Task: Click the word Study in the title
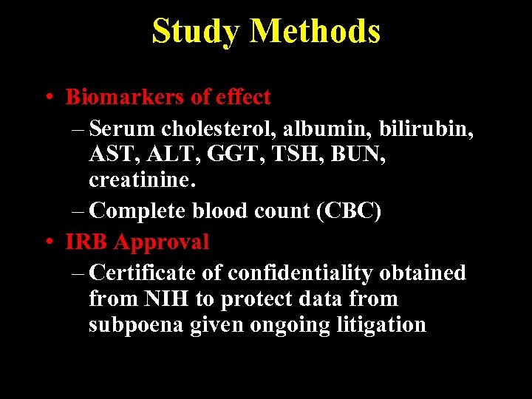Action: click(196, 31)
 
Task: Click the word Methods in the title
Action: click(316, 31)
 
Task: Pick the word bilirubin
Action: click(426, 129)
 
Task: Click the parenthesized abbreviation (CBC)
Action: click(349, 211)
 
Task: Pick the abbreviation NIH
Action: click(172, 299)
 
